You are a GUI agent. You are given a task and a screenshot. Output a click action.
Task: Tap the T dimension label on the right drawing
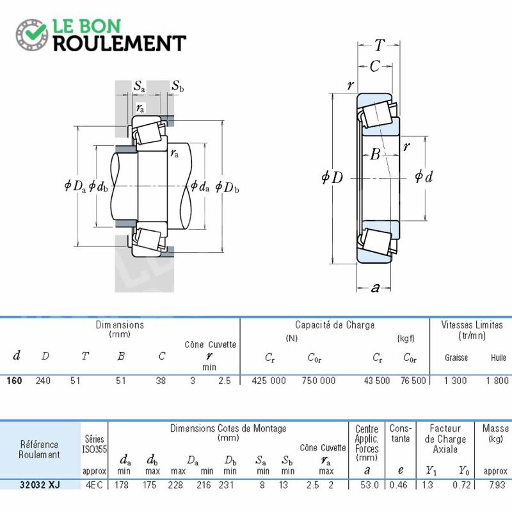(x=380, y=45)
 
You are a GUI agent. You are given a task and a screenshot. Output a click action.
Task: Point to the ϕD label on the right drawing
(x=332, y=176)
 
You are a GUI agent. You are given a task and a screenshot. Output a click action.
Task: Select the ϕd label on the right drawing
(x=424, y=176)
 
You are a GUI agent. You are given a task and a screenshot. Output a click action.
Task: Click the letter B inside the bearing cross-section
(x=376, y=154)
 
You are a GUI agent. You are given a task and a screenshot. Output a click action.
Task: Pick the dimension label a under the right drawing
(x=376, y=287)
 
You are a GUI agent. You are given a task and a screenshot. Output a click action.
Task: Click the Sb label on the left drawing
(x=178, y=86)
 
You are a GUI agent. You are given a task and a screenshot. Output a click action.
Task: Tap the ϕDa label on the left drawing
(x=76, y=186)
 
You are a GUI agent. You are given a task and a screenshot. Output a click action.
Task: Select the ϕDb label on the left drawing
(x=228, y=187)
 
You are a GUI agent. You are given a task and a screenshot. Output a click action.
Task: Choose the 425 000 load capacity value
(x=269, y=380)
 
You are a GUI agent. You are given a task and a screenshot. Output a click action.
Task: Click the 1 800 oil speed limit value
(x=497, y=380)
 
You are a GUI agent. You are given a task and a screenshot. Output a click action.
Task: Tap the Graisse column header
(x=456, y=358)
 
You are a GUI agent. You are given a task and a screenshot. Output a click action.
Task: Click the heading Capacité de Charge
(x=334, y=325)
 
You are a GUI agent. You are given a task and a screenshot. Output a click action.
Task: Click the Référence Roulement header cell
(x=40, y=449)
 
